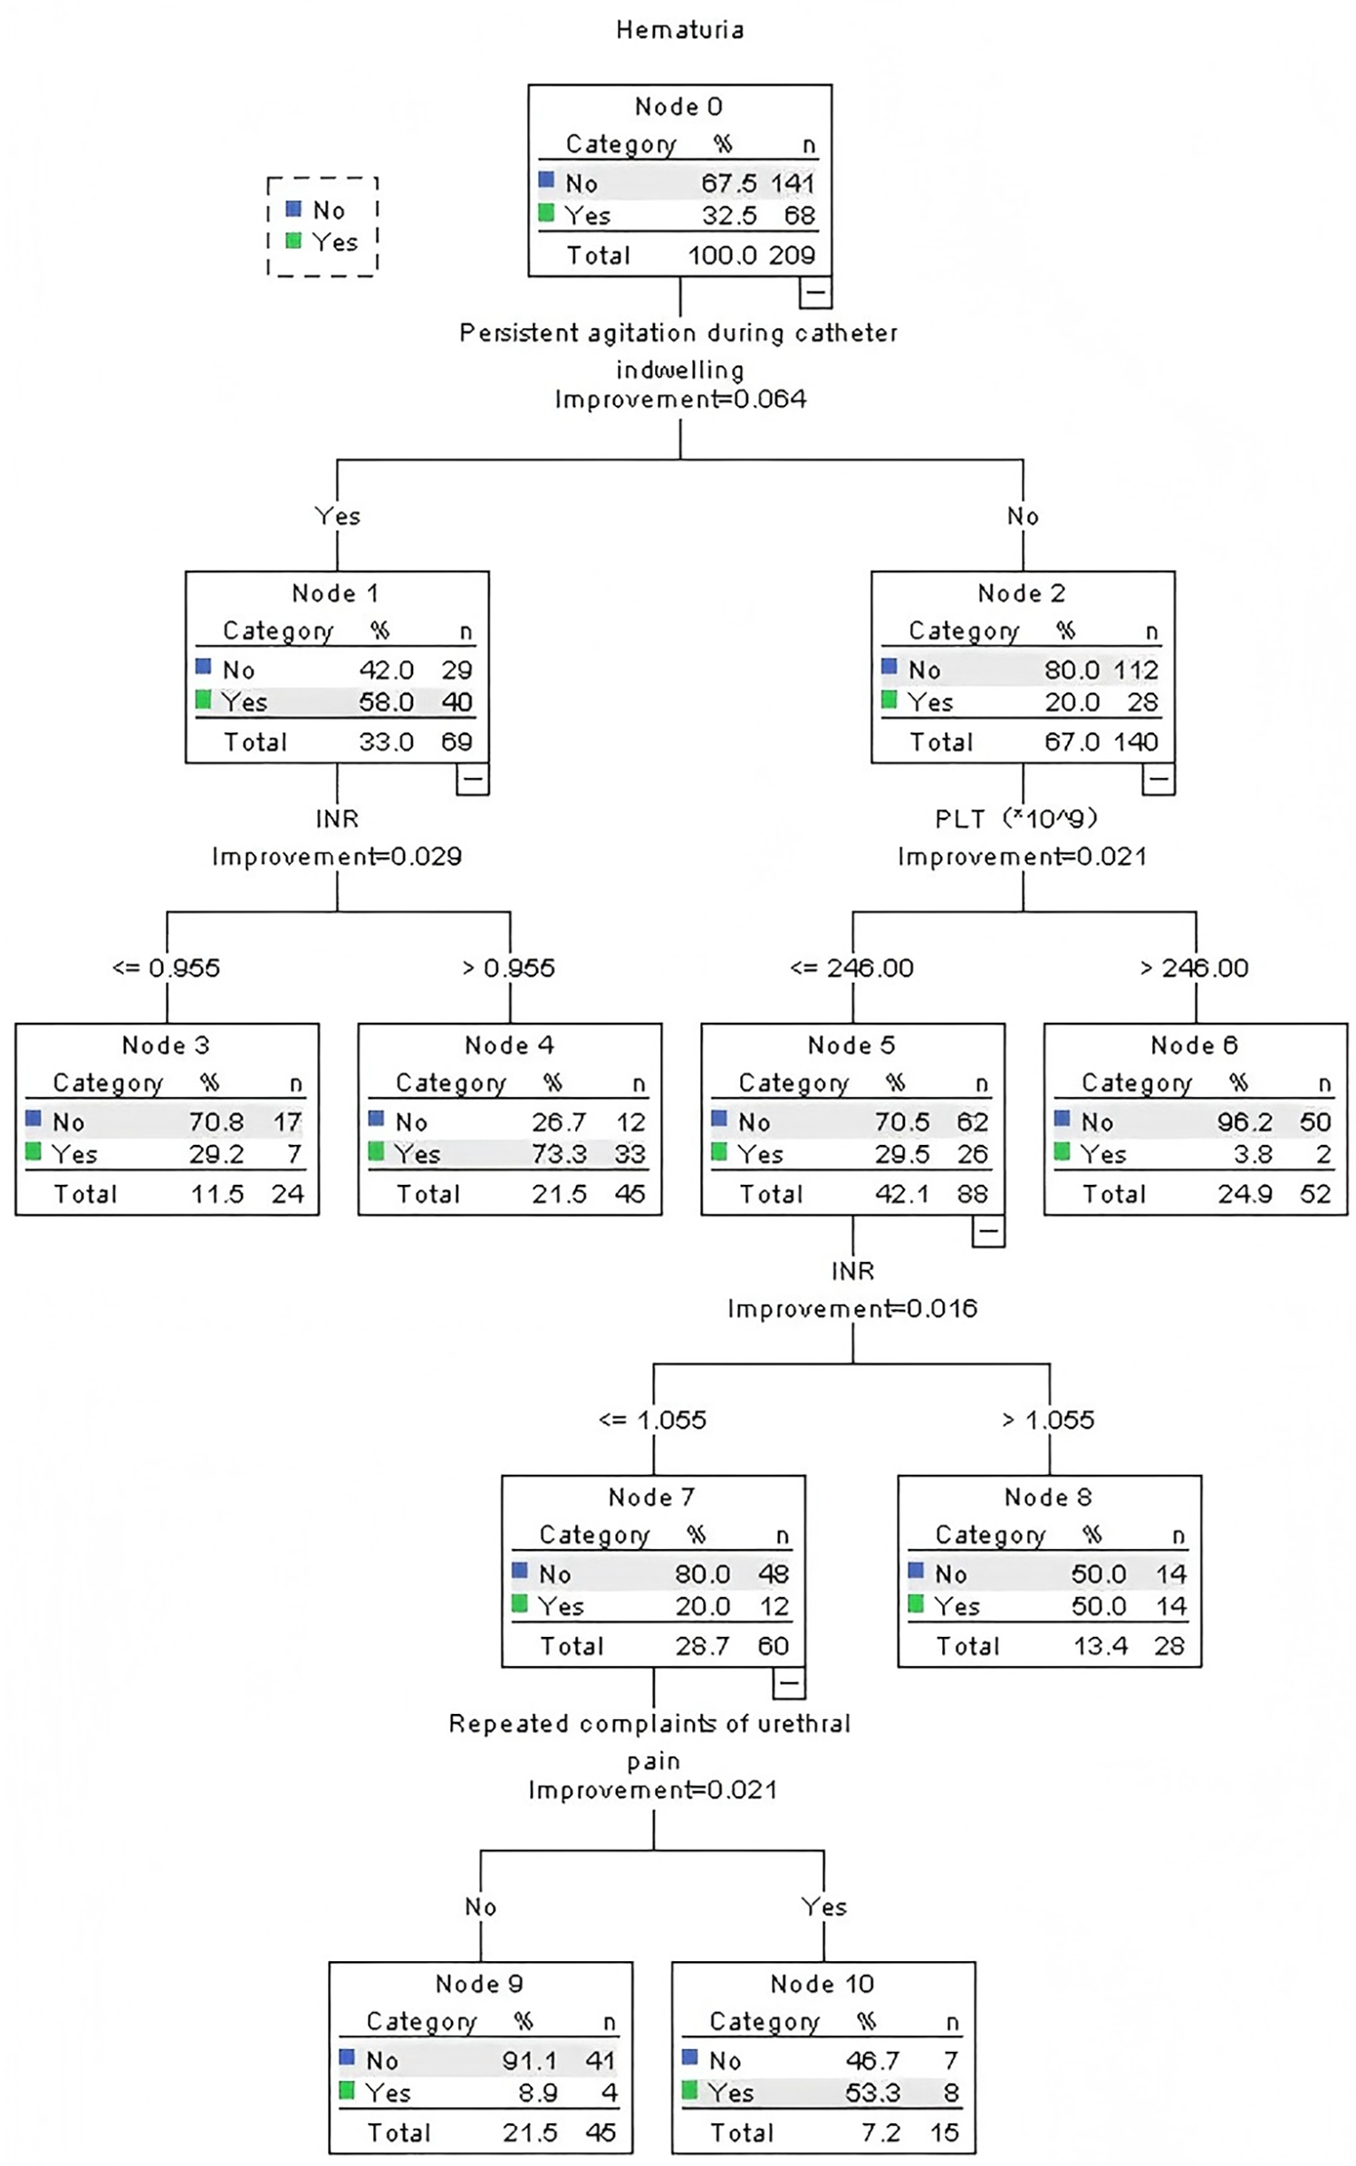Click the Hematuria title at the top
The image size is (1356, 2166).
679,30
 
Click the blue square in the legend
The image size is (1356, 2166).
293,209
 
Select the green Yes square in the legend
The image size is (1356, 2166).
293,241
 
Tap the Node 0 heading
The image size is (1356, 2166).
678,107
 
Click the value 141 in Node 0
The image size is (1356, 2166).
793,183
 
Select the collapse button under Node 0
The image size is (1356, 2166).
814,292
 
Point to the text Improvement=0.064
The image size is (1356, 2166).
679,400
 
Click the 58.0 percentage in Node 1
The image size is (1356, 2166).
386,702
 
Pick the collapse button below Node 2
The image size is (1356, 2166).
1158,778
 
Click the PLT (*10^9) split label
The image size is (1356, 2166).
1016,819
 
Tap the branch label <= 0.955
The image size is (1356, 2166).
166,967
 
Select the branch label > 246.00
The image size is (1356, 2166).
1194,967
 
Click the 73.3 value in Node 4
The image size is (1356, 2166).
559,1154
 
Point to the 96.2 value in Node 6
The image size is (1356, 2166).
1245,1122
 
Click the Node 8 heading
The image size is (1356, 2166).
1048,1497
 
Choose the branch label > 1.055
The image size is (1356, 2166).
1048,1420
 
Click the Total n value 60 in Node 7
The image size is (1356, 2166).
773,1646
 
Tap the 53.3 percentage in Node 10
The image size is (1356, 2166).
872,2093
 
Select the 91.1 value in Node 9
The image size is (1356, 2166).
529,2060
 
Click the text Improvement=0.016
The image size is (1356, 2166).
851,1308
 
